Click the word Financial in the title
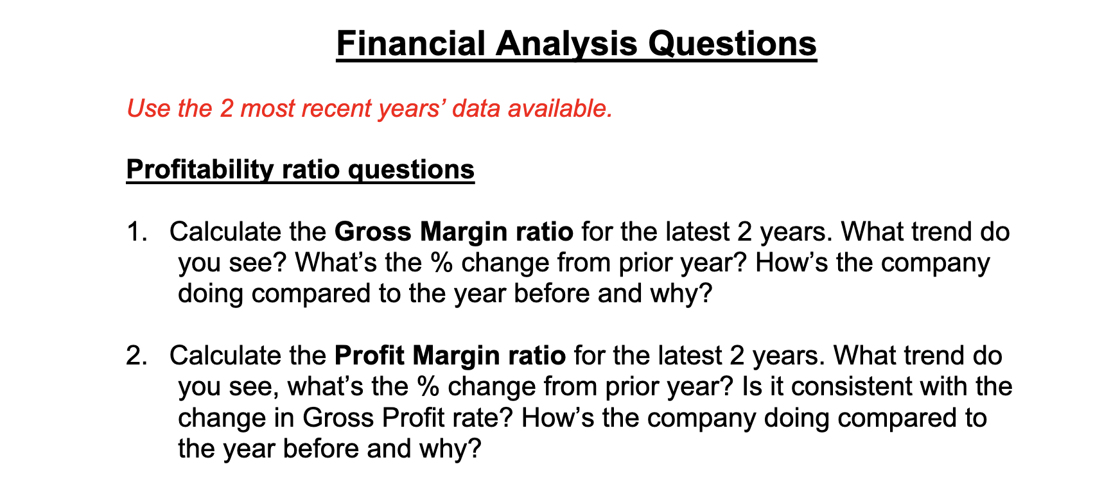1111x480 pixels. [411, 44]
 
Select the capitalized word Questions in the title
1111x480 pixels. [732, 44]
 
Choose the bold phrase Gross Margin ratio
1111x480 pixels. [454, 231]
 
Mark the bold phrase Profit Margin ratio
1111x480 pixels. [450, 356]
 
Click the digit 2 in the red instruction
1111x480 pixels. [227, 108]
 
